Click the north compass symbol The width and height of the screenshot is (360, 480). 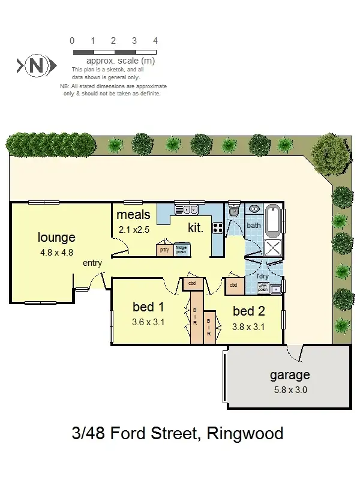(37, 65)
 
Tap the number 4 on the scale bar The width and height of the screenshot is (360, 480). (155, 41)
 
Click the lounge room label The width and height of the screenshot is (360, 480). (56, 237)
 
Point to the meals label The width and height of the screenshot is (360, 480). (133, 215)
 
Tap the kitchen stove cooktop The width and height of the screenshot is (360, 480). (218, 227)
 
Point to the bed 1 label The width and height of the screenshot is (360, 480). (148, 307)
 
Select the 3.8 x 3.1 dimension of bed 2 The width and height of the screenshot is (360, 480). (248, 327)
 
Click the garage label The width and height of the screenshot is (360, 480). (289, 376)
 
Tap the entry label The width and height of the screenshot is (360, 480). (92, 263)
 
